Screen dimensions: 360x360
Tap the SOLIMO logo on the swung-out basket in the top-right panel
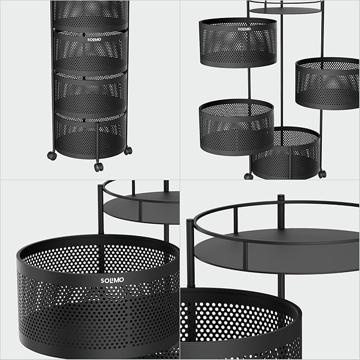click(x=244, y=29)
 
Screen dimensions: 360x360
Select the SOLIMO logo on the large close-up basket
click(x=111, y=280)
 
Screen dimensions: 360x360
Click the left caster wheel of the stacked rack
click(x=51, y=156)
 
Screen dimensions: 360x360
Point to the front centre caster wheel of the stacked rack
click(x=98, y=167)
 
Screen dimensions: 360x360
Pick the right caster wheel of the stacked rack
click(x=128, y=151)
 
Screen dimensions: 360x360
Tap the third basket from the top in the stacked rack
click(x=90, y=95)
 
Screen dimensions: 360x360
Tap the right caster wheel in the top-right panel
click(x=322, y=174)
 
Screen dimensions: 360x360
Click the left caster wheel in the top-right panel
click(x=249, y=175)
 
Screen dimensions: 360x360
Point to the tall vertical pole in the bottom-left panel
click(x=101, y=212)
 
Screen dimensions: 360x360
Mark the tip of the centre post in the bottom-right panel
click(x=281, y=198)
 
